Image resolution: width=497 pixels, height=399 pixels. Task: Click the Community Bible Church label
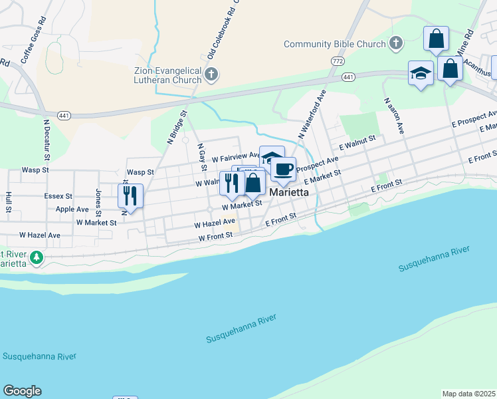tap(334, 44)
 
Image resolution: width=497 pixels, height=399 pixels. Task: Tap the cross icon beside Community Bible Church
tap(395, 43)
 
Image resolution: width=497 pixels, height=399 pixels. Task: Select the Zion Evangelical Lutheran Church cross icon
tap(211, 73)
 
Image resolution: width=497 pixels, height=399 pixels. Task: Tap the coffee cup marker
tap(284, 169)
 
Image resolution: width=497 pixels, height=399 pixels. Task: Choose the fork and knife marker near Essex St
tap(130, 196)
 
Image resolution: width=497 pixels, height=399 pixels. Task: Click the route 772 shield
tap(337, 61)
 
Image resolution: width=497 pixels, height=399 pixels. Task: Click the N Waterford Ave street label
tap(312, 112)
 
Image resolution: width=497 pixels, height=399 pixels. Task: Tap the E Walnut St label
tap(357, 142)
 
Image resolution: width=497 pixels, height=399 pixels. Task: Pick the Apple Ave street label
tap(72, 209)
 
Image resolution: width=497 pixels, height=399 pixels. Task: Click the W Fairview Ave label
tap(236, 158)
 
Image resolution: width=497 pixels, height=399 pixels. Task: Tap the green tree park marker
tap(38, 257)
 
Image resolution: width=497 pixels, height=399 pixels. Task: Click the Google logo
tap(22, 391)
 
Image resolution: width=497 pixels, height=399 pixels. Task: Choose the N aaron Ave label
tap(393, 115)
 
